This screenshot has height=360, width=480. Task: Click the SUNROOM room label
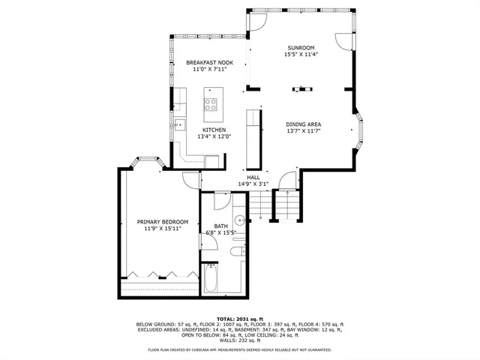point(299,47)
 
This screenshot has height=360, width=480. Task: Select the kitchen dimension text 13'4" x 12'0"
point(213,136)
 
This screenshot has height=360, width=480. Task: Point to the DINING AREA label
point(304,124)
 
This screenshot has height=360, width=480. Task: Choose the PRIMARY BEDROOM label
point(162,221)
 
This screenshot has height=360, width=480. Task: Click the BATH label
point(220,226)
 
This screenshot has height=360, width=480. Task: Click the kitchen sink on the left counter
point(180,124)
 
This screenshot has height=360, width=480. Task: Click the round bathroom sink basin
point(239,220)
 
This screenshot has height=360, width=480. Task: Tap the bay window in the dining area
point(359,130)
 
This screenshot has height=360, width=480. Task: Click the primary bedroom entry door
point(191,181)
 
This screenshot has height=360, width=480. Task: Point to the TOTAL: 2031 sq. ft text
point(239,319)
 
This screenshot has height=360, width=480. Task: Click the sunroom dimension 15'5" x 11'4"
point(299,54)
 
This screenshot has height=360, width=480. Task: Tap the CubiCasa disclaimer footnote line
point(239,350)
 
